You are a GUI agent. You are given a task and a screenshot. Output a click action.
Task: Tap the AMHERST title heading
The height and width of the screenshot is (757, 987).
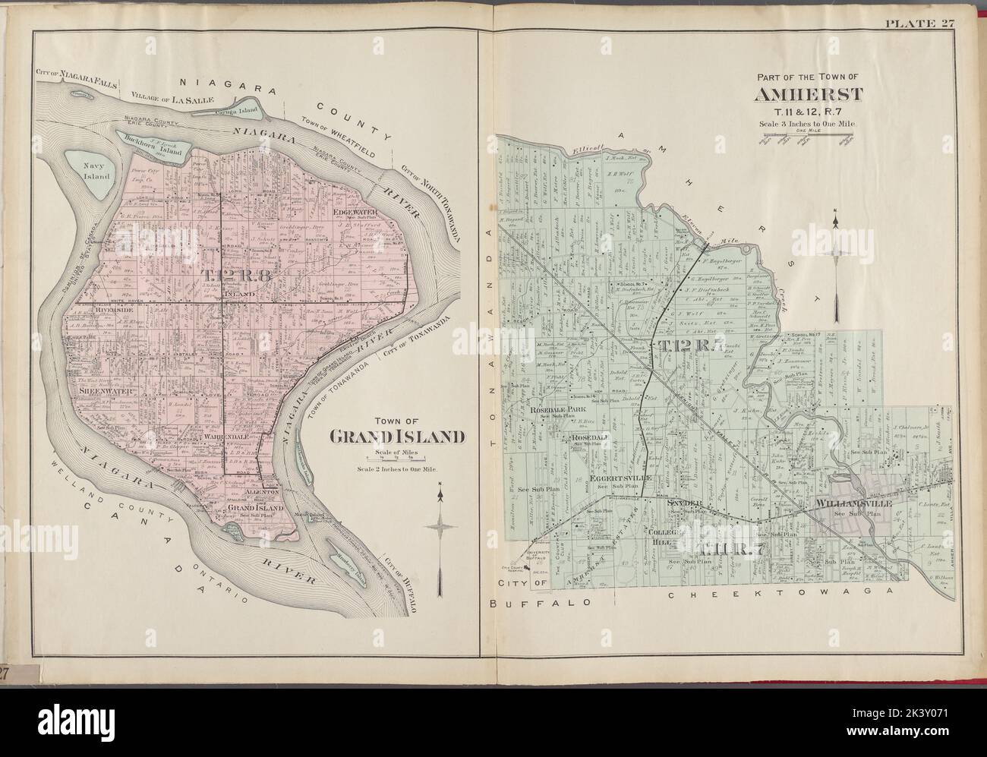click(x=807, y=95)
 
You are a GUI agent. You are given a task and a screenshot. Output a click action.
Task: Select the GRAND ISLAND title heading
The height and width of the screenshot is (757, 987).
click(x=396, y=436)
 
